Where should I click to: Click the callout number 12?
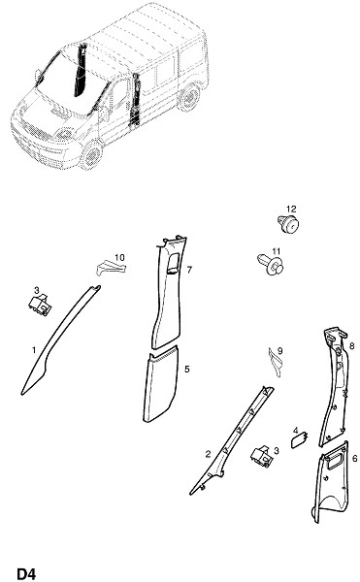291,209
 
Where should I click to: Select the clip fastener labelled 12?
288,223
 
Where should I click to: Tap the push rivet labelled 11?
270,264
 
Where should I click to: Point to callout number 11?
277,251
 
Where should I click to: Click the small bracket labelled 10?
111,268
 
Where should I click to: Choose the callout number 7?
189,270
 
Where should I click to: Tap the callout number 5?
187,369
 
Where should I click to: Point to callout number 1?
34,350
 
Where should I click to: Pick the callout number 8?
352,346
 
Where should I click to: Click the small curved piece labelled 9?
275,363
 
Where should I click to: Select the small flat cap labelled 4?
300,440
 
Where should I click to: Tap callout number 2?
208,454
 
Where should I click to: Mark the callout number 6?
355,459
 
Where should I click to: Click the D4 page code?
27,573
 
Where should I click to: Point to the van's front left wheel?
91,155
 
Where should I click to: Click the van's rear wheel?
189,97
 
